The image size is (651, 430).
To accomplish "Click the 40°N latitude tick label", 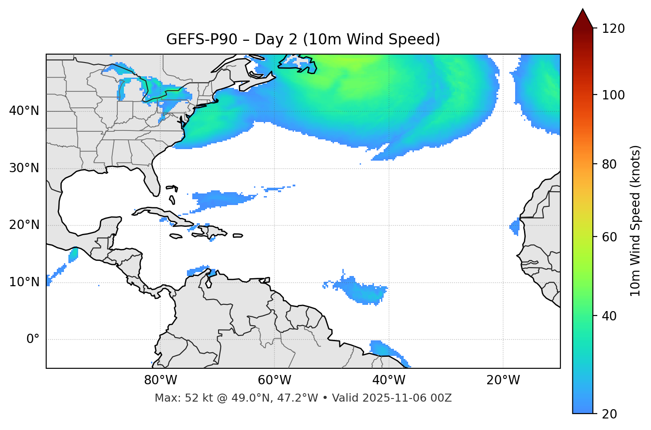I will (24, 111).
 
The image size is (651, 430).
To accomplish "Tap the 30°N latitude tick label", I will (24, 168).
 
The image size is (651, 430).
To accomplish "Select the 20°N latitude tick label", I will (24, 225).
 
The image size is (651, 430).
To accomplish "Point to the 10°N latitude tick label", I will (24, 282).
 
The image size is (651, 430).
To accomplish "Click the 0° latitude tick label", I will (33, 339).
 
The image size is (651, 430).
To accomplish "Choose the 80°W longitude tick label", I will (160, 380).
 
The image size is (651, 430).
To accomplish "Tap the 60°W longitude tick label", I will (274, 380).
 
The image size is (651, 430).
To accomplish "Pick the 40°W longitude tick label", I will (389, 380).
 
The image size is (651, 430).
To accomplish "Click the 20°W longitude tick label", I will (503, 380).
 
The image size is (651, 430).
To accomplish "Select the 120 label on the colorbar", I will (613, 29).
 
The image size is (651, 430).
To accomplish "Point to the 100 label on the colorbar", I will (613, 95).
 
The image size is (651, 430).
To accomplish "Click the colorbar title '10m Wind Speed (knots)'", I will (635, 221).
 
